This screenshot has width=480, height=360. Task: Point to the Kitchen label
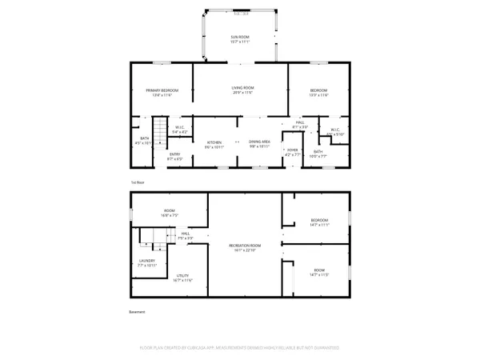pos(214,144)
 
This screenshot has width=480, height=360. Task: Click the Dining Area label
pos(260,144)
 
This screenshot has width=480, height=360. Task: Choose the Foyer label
pos(293,151)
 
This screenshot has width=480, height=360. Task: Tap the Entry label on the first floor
pos(174,157)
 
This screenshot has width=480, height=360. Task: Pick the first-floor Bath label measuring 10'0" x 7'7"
pos(318,154)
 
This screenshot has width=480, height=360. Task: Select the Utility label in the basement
pos(183,278)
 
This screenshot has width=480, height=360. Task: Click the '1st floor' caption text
pos(138,182)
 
